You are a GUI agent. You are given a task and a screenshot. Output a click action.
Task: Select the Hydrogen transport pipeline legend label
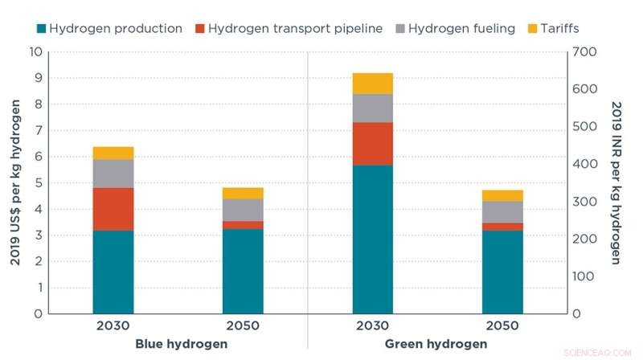tap(295, 29)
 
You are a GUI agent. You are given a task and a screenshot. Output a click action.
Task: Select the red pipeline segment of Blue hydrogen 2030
tap(113, 209)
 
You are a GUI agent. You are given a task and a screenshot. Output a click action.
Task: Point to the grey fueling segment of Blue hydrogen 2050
tap(243, 210)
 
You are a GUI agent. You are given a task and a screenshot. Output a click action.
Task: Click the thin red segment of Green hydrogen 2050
tap(502, 227)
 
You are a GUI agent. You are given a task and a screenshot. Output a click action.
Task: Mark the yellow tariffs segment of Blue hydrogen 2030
tap(113, 153)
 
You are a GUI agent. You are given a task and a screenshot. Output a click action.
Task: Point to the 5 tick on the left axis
tap(37, 183)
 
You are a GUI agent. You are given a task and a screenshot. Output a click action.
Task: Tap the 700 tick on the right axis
tap(584, 52)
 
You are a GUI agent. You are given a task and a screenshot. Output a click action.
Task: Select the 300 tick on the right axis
tap(584, 202)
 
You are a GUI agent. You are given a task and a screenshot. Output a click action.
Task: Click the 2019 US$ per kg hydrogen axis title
tap(14, 183)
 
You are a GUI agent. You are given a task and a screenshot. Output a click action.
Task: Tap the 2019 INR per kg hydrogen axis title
tap(616, 183)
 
